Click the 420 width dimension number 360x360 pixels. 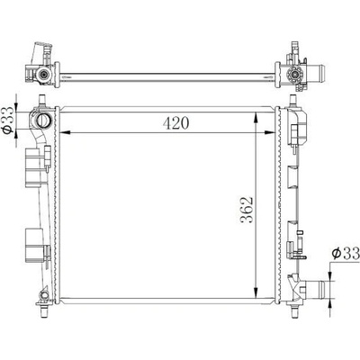pyautogui.click(x=175, y=123)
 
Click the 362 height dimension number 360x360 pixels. pyautogui.click(x=247, y=210)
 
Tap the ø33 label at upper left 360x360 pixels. pyautogui.click(x=7, y=120)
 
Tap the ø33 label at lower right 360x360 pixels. pyautogui.click(x=346, y=254)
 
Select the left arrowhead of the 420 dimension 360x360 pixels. pyautogui.click(x=66, y=132)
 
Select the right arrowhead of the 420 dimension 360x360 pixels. pyautogui.click(x=270, y=132)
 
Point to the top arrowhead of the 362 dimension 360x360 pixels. pyautogui.click(x=256, y=117)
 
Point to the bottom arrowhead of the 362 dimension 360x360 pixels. pyautogui.click(x=256, y=293)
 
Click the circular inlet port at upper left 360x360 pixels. pyautogui.click(x=44, y=121)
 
